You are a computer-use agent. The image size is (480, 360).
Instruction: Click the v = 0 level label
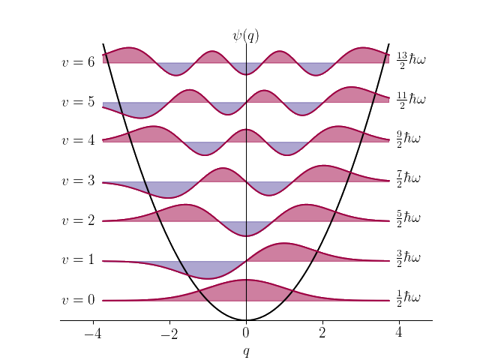click(x=78, y=300)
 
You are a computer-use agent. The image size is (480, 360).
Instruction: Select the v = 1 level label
click(x=78, y=260)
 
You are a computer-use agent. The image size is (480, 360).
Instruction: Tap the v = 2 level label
click(x=78, y=220)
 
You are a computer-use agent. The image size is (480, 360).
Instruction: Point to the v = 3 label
click(x=78, y=181)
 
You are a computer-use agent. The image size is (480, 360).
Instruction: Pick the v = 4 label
click(x=78, y=141)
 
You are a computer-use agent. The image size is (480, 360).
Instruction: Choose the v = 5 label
click(x=78, y=101)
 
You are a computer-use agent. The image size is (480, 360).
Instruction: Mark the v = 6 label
click(x=78, y=61)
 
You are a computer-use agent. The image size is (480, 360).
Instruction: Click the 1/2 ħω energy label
click(x=409, y=298)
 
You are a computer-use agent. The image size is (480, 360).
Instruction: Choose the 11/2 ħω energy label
click(x=411, y=99)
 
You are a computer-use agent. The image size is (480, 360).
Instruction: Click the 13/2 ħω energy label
click(x=411, y=58)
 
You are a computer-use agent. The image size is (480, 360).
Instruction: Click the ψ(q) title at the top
click(x=245, y=35)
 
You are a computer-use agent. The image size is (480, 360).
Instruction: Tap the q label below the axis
click(x=246, y=351)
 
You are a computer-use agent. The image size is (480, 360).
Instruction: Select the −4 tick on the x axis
click(x=93, y=333)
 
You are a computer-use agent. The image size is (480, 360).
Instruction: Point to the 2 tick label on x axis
click(x=322, y=333)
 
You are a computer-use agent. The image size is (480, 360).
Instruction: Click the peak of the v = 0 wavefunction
click(x=246, y=280)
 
